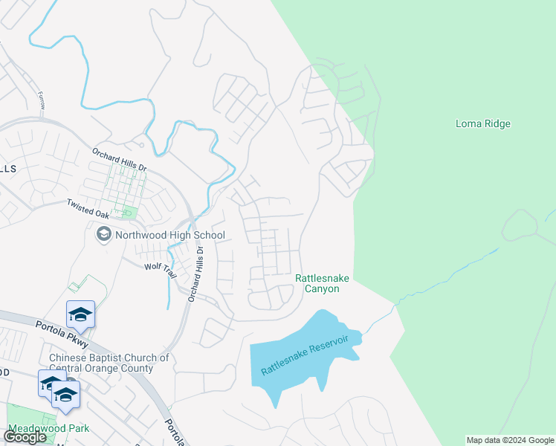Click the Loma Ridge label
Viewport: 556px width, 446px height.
click(482, 124)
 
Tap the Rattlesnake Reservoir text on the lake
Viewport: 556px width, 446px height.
click(305, 355)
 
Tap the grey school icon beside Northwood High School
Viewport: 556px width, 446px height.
click(103, 235)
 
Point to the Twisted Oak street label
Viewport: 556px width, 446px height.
click(88, 207)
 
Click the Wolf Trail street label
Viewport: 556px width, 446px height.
click(161, 269)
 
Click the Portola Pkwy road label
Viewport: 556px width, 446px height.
click(62, 334)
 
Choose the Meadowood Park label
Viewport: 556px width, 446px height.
click(48, 429)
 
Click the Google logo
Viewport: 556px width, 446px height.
click(25, 437)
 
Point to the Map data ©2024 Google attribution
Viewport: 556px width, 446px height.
click(509, 440)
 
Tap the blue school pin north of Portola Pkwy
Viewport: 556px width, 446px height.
click(80, 314)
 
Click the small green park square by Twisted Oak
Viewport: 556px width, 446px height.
click(128, 213)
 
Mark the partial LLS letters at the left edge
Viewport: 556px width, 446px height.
click(7, 169)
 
